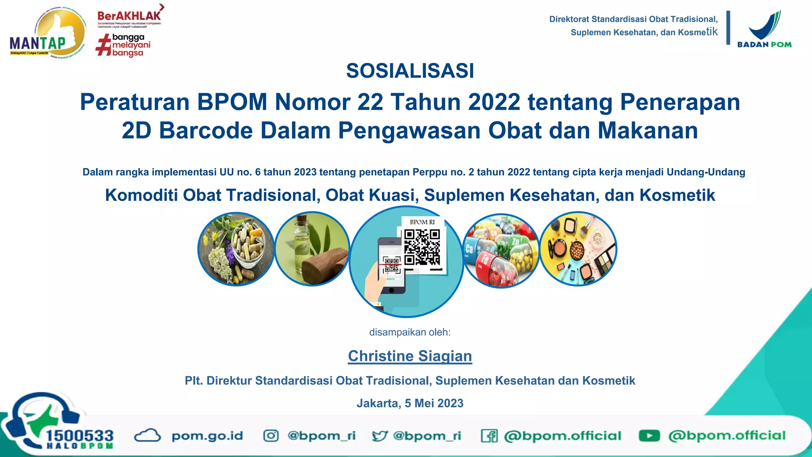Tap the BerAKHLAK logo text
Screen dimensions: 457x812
(129, 16)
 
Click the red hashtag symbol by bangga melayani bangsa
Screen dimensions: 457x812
(103, 45)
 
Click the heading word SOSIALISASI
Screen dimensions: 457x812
(410, 71)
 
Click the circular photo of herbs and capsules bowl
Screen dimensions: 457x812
(236, 249)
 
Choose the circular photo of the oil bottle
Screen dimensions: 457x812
(312, 249)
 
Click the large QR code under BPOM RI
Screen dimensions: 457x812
(422, 247)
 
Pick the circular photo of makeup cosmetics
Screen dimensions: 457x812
(578, 249)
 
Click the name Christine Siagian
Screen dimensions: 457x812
(410, 356)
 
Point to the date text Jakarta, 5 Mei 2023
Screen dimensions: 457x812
(410, 403)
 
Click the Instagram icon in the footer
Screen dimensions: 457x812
(271, 436)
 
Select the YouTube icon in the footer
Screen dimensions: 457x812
(649, 436)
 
